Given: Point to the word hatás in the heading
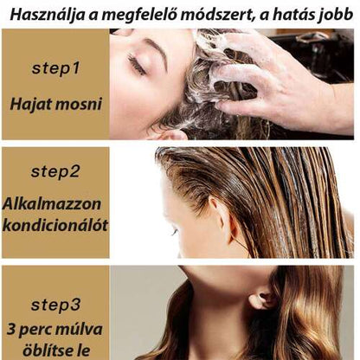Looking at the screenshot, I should [299, 14].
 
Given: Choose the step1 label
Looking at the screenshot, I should [55, 67].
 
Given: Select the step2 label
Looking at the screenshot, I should [55, 170].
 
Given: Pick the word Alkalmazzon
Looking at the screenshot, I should [55, 204].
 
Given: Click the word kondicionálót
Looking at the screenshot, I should [55, 226].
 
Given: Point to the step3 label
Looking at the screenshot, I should [55, 304].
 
